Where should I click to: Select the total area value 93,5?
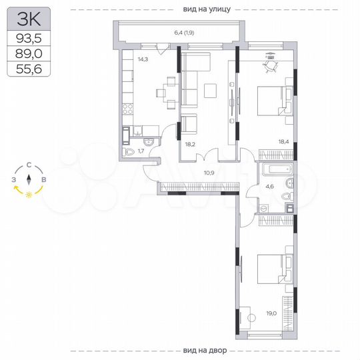pos(28,39)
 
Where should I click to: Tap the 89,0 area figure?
pos(28,54)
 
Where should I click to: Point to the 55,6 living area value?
pos(28,69)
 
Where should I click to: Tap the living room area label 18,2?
pos(190,143)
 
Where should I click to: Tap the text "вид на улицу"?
pos(206,9)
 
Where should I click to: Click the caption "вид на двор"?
pos(206,351)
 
